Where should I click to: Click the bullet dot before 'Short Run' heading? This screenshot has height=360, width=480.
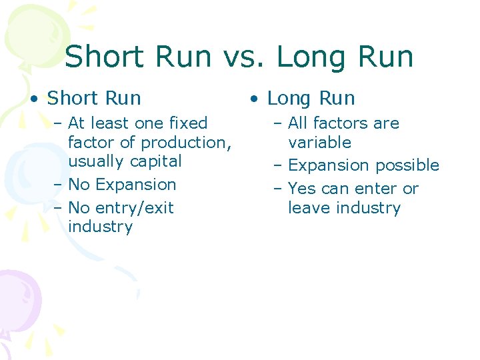coord(33,99)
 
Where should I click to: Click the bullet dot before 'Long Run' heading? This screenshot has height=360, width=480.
coord(254,99)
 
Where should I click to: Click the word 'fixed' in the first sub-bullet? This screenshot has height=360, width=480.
coord(189,123)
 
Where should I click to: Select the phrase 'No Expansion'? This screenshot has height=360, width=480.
coord(122,185)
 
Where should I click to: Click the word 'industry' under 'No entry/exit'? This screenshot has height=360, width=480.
coord(100,227)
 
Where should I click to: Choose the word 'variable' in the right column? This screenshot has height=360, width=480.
coord(319,143)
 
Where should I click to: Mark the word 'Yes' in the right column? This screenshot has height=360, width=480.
coord(302,189)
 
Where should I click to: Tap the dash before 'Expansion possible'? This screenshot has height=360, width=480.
coord(277,165)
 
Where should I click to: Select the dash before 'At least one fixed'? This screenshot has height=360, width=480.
coord(57,123)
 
